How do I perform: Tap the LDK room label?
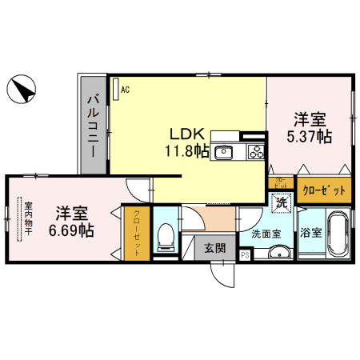[x=186, y=134]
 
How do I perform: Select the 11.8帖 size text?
[x=187, y=150]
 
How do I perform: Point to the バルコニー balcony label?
[x=92, y=123]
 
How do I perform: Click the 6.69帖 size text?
[x=71, y=230]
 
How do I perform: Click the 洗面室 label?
[x=266, y=234]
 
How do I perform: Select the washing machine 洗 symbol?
[x=282, y=203]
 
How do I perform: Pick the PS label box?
[x=244, y=255]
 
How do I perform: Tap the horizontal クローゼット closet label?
[x=325, y=190]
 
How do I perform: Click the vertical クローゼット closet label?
[x=137, y=233]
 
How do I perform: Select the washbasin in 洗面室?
[x=279, y=254]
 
